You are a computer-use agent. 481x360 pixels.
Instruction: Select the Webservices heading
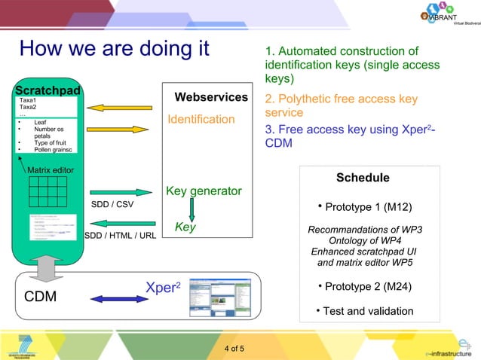pyautogui.click(x=211, y=97)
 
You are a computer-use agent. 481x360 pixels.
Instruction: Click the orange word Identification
pyautogui.click(x=201, y=119)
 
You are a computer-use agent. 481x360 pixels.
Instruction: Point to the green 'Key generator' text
pyautogui.click(x=204, y=191)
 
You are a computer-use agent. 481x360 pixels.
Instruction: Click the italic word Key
pyautogui.click(x=185, y=226)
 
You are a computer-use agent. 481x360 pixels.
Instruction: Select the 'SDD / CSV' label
pyautogui.click(x=112, y=204)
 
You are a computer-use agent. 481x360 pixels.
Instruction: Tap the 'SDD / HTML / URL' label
pyautogui.click(x=121, y=235)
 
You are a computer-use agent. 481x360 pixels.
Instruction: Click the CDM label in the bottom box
pyautogui.click(x=41, y=297)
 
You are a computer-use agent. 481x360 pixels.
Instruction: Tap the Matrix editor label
pyautogui.click(x=51, y=170)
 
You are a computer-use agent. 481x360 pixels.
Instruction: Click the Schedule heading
pyautogui.click(x=363, y=178)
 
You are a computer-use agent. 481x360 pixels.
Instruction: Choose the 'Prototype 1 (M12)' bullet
pyautogui.click(x=364, y=206)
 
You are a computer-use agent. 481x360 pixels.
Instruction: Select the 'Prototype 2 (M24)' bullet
pyautogui.click(x=364, y=287)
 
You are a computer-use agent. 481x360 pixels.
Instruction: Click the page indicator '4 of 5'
pyautogui.click(x=240, y=348)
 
